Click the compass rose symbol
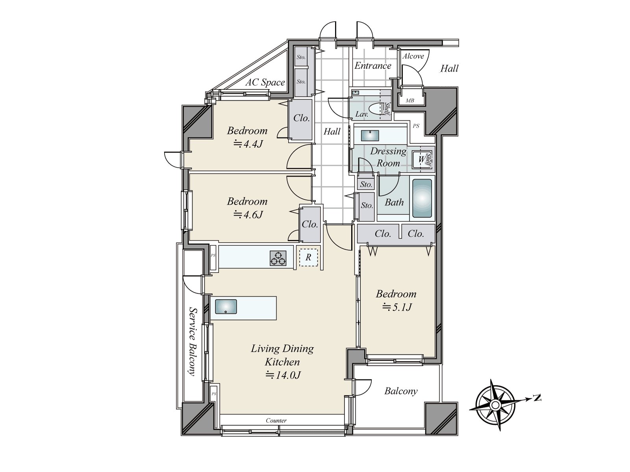[x=496, y=405]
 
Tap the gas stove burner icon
[x=278, y=258]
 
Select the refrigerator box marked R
[x=308, y=258]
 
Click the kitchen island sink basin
[x=223, y=307]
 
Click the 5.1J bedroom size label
[x=397, y=307]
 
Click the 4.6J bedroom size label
[x=248, y=215]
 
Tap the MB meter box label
[x=410, y=101]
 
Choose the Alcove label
[x=413, y=56]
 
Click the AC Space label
[x=265, y=83]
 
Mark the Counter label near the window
[x=276, y=420]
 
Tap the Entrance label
[x=372, y=66]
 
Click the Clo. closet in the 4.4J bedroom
[x=302, y=118]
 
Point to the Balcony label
[x=401, y=391]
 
